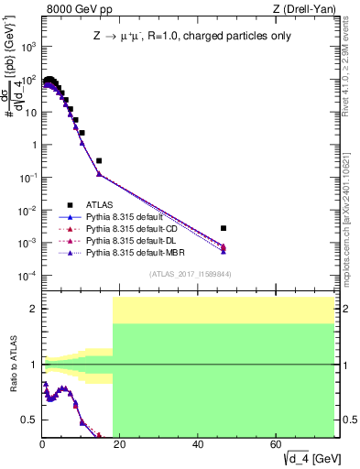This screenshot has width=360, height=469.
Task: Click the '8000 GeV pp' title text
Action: (x=80, y=10)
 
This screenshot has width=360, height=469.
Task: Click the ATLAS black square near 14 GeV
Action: (x=99, y=160)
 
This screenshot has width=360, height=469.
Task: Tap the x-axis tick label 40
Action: (x=198, y=445)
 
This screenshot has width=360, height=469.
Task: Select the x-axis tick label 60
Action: (x=277, y=445)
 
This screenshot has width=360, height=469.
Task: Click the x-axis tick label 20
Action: (x=120, y=445)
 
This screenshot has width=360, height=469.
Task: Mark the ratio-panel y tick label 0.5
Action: (x=28, y=420)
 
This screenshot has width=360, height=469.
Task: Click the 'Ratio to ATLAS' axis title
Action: (x=12, y=364)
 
